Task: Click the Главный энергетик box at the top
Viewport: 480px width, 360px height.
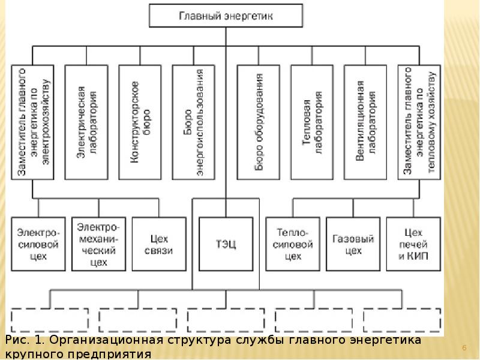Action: click(226, 16)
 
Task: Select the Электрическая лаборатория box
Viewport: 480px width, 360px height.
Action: click(87, 122)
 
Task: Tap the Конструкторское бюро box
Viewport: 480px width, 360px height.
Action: click(140, 122)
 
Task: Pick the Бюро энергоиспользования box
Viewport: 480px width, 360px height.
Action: click(193, 122)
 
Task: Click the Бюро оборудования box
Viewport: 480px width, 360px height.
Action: click(259, 122)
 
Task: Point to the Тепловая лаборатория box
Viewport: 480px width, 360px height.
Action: click(311, 122)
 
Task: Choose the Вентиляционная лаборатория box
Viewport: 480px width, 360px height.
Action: click(365, 122)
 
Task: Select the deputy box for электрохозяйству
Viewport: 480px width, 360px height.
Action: click(33, 122)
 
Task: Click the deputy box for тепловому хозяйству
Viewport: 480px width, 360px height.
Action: click(419, 122)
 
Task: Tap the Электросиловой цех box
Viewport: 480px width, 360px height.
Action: click(37, 244)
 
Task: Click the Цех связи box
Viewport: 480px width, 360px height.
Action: click(159, 244)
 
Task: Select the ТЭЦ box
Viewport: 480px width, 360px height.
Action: click(226, 244)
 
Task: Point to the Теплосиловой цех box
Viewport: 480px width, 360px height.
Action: click(293, 244)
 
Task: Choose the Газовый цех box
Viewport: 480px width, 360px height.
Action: click(353, 244)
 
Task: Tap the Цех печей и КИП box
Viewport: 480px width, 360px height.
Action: click(414, 244)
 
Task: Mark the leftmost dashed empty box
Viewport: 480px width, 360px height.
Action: click(50, 320)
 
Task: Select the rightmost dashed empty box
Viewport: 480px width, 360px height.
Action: click(403, 320)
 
